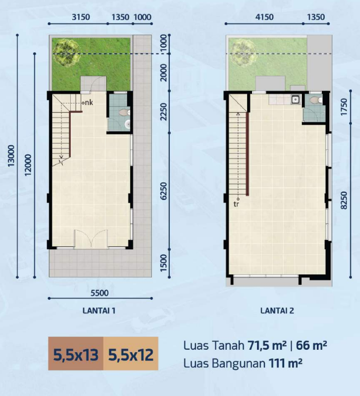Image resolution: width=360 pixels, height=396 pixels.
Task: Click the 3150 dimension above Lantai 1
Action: pos(81,17)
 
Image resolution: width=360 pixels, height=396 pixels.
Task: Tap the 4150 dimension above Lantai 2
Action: pos(264,17)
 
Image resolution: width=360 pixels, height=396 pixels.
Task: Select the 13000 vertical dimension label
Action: pos(12,156)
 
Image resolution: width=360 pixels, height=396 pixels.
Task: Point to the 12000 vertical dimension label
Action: pos(29,165)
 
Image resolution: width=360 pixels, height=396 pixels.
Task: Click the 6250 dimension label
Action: pos(164,191)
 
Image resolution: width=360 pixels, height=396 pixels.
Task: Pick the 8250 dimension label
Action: pos(344,201)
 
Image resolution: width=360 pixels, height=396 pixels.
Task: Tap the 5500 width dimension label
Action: pos(99,293)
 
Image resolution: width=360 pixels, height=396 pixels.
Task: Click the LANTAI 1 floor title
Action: pos(99,311)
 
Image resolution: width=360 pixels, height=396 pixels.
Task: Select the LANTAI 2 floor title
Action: pos(277,311)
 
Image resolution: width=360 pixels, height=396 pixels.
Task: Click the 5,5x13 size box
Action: pos(76,354)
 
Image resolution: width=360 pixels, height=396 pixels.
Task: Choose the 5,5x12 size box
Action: pos(131,354)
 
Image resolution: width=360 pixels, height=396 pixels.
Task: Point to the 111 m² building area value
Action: pos(285,363)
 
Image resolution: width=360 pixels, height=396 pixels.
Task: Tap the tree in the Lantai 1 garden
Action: pos(67,53)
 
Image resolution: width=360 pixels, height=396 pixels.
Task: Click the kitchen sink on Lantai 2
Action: pos(295,100)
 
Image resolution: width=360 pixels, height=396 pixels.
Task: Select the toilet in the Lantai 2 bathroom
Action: pos(316,100)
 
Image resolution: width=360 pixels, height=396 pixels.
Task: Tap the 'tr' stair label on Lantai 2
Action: pos(236,204)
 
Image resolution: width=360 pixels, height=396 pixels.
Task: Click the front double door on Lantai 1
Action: pos(91,238)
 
